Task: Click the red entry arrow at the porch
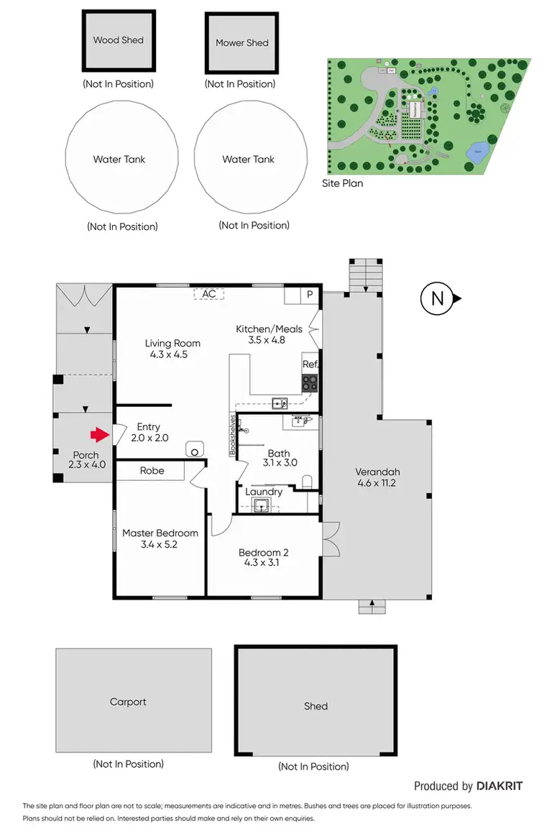tap(97, 434)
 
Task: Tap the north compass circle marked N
tap(436, 298)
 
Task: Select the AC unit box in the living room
tap(209, 294)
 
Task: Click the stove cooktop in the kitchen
tap(310, 382)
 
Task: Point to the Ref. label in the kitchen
tap(310, 365)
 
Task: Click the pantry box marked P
tap(310, 295)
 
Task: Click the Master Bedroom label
tap(160, 533)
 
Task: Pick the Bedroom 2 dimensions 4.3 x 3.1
tap(263, 563)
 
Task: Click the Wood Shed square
tap(119, 41)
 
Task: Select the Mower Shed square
tap(241, 43)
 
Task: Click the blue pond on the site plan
tap(477, 151)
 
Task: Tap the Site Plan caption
tap(342, 183)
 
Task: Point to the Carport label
tap(128, 702)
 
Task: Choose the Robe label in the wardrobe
tap(152, 471)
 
